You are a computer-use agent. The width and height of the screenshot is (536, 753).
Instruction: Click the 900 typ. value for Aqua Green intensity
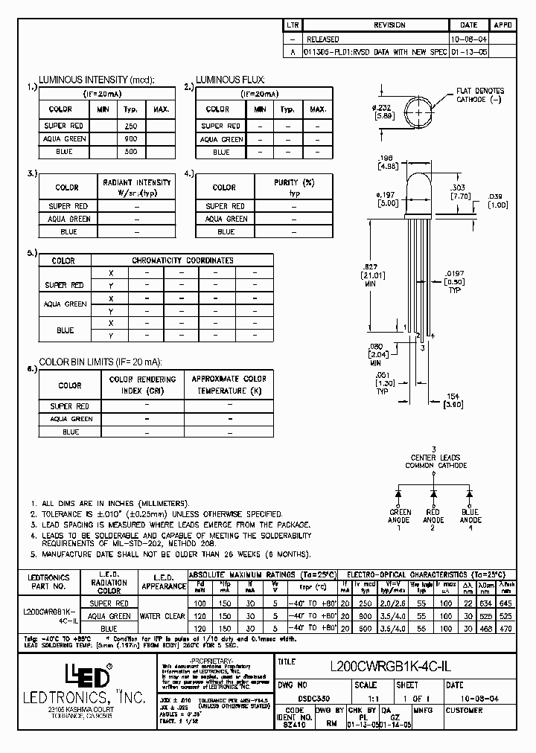point(130,139)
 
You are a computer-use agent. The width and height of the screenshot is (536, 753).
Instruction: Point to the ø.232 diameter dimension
point(383,112)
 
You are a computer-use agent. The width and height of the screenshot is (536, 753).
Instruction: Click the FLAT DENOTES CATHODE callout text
point(480,94)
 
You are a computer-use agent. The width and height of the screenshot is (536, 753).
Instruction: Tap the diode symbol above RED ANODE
point(434,494)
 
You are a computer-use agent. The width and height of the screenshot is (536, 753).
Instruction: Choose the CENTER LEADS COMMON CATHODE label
point(435,461)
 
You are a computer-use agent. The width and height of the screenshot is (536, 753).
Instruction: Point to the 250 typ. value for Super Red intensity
point(130,126)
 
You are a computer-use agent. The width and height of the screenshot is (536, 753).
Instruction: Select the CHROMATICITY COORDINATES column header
point(182,260)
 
